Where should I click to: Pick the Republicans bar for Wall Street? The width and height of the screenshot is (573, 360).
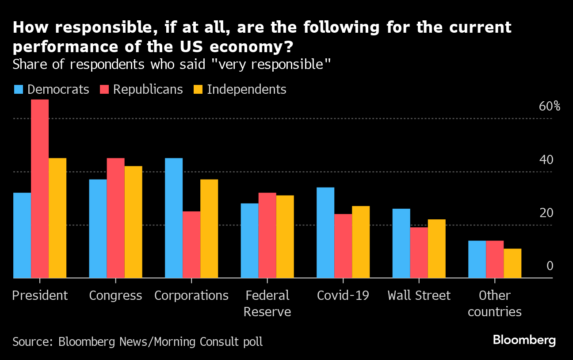419,253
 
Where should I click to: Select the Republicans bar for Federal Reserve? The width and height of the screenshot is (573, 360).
267,235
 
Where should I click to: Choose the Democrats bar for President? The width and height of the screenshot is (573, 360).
22,235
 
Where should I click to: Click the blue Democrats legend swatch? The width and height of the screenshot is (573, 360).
18,89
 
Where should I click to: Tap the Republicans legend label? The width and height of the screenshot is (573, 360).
148,89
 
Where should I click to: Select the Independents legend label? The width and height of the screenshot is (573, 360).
246,89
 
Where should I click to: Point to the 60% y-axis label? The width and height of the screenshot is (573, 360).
550,107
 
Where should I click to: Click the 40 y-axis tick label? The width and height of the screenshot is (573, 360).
546,160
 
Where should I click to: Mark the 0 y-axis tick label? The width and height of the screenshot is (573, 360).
550,266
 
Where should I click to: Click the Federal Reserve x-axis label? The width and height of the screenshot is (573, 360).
267,303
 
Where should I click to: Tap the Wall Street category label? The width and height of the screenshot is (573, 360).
419,295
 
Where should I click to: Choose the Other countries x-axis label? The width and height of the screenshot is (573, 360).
494,303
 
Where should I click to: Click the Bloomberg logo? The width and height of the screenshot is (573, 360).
524,340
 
